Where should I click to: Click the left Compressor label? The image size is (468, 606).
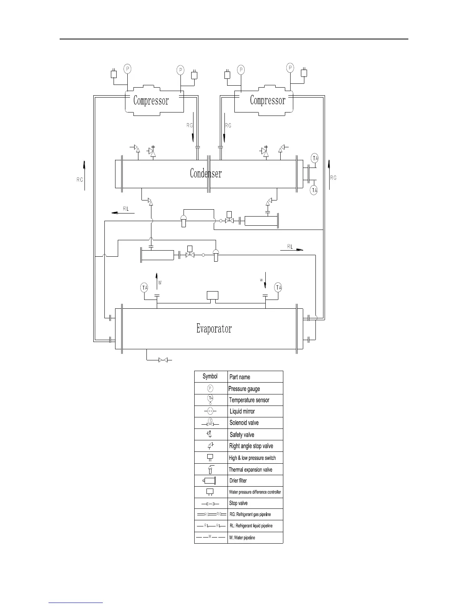click(x=151, y=101)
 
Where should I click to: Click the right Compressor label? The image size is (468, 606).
click(x=268, y=100)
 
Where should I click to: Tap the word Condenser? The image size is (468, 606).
click(x=206, y=173)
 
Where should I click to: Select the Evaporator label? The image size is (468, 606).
click(x=214, y=329)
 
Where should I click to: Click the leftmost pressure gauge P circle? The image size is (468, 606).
click(x=127, y=68)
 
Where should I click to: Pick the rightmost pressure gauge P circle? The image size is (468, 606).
click(x=291, y=68)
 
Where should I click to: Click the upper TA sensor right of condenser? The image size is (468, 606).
click(x=315, y=158)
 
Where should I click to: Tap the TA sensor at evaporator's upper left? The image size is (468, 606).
click(x=144, y=288)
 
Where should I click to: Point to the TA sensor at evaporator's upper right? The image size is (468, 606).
click(x=278, y=288)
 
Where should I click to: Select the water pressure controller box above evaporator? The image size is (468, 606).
click(x=212, y=295)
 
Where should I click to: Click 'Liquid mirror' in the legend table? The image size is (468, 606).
click(x=242, y=411)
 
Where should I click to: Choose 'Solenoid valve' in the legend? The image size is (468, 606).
click(x=244, y=423)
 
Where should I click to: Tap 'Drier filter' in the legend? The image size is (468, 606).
click(x=238, y=481)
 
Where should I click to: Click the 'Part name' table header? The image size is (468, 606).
click(x=240, y=377)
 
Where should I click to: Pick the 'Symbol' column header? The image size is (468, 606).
click(x=210, y=376)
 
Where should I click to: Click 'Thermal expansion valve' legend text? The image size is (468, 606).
click(x=250, y=469)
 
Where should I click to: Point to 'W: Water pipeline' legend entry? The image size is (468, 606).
click(x=242, y=538)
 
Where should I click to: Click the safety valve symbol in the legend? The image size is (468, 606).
click(x=210, y=434)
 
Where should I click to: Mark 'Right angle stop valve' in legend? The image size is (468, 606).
click(x=251, y=446)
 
